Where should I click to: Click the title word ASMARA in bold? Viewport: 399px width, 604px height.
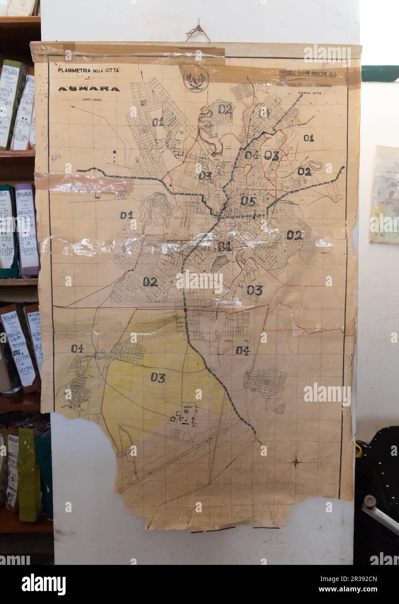[x=89, y=89]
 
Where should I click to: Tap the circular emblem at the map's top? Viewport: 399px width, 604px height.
[x=196, y=79]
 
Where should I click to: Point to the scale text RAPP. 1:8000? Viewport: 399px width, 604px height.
[x=88, y=100]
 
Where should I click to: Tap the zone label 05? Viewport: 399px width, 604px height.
[x=248, y=201]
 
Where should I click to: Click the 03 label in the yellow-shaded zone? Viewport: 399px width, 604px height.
[x=158, y=378]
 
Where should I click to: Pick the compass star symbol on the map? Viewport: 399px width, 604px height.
[x=296, y=461]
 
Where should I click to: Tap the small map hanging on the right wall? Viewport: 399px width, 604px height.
[x=384, y=194]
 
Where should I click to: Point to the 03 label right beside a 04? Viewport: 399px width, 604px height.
[x=272, y=155]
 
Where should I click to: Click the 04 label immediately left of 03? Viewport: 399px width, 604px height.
[x=252, y=155]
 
